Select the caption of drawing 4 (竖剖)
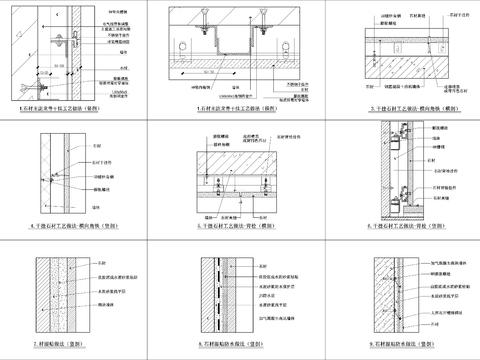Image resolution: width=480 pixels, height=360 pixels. (x=79, y=227)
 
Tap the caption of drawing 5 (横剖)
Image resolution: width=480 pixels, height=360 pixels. (x=239, y=227)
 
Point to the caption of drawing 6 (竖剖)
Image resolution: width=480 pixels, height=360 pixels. (x=400, y=227)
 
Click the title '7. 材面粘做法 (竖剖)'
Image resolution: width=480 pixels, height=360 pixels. (x=79, y=343)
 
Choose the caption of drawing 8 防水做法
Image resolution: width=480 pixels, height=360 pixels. (x=239, y=343)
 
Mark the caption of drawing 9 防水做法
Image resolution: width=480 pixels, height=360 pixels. (x=400, y=343)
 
